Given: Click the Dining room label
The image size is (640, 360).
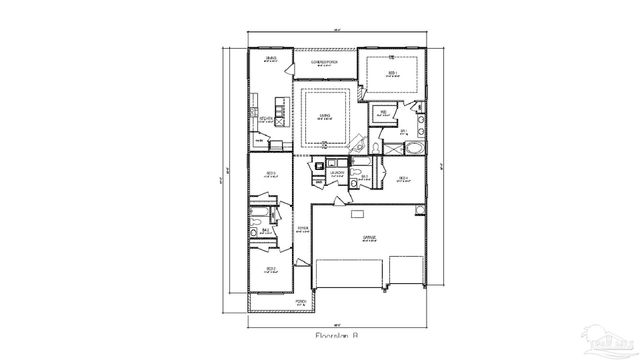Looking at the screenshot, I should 271,61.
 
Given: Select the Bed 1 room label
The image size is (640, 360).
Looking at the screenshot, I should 393,73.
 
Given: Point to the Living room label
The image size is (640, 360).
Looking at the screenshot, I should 325,116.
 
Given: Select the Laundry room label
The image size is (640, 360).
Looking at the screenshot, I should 338,173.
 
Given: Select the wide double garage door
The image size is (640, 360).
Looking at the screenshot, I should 350,274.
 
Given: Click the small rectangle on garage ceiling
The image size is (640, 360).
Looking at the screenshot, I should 355,213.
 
